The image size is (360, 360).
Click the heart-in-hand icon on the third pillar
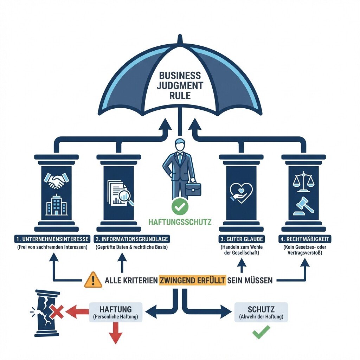[241, 192]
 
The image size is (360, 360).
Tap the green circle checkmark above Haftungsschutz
[180, 208]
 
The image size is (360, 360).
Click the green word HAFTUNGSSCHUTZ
[180, 222]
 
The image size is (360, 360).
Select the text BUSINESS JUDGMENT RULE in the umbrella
[180, 85]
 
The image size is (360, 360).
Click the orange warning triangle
[93, 280]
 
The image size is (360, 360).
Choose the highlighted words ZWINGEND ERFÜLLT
[192, 281]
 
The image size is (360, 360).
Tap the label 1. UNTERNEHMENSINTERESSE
[52, 239]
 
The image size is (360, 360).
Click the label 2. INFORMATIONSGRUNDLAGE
[132, 239]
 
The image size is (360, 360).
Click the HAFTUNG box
[116, 312]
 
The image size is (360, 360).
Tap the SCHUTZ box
[261, 312]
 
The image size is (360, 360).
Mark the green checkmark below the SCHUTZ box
[261, 332]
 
